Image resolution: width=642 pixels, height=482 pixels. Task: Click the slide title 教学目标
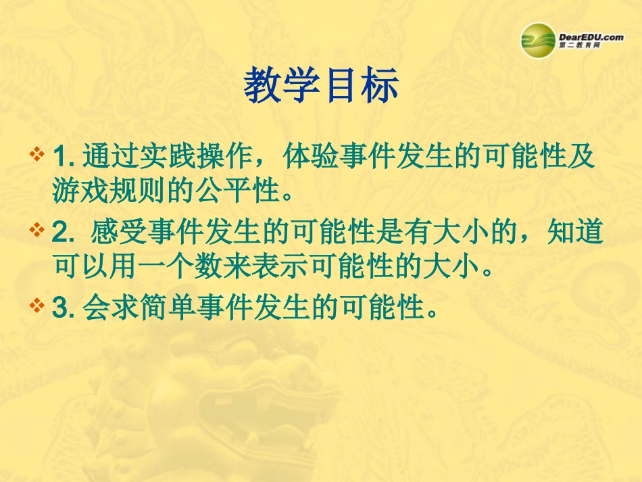[x=321, y=87]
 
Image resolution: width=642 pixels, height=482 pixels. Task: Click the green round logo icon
[x=539, y=40]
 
